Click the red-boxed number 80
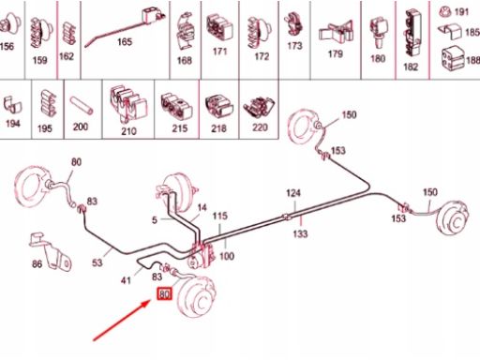tap(164, 294)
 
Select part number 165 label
tap(125, 41)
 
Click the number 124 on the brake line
tap(293, 193)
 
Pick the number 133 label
tap(300, 233)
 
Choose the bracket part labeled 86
tap(51, 251)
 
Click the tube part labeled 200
tap(81, 106)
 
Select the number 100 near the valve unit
tap(227, 256)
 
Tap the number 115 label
tap(220, 216)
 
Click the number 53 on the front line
tap(97, 262)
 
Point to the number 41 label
tap(126, 280)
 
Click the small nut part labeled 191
tap(445, 11)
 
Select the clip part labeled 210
tap(127, 104)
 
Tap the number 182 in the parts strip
tap(411, 67)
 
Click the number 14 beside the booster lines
tap(202, 207)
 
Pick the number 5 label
tap(155, 220)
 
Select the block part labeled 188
tap(452, 58)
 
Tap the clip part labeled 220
tap(259, 108)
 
